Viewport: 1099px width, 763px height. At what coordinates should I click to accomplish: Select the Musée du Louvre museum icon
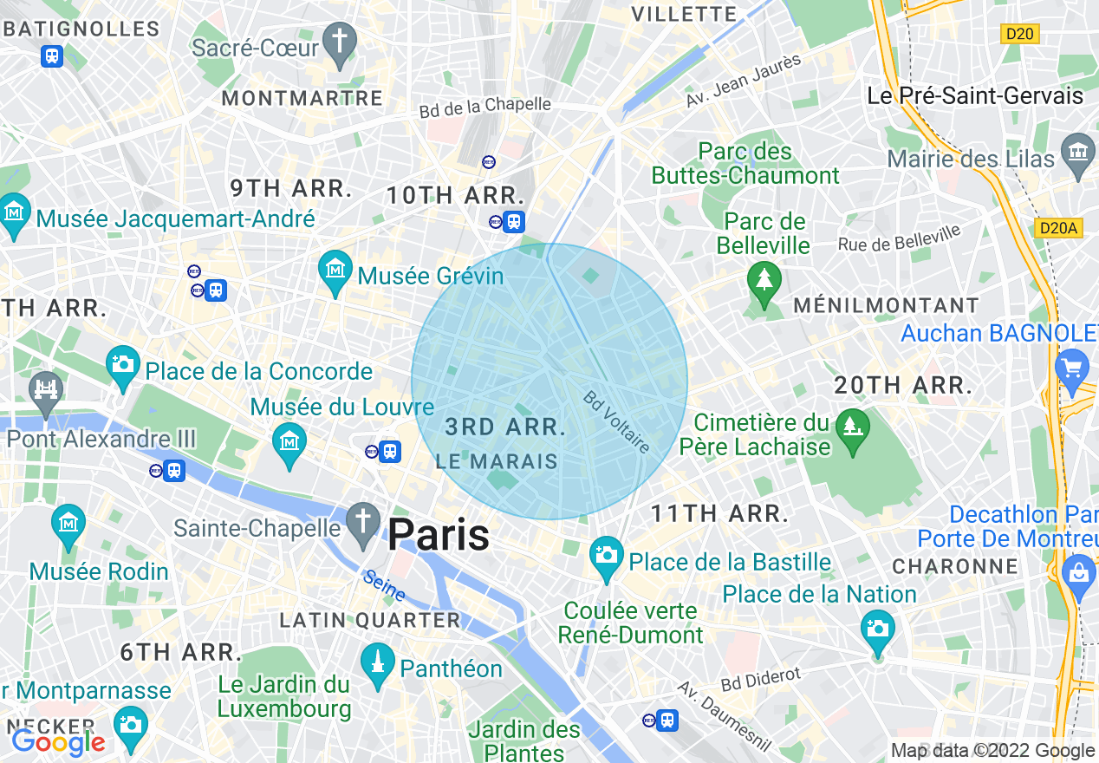pyautogui.click(x=289, y=442)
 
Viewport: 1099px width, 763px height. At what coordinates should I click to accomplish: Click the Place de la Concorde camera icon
pyautogui.click(x=122, y=366)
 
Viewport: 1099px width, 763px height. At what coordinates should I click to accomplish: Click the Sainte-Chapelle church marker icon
pyautogui.click(x=363, y=523)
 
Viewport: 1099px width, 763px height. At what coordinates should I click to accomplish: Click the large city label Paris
pyautogui.click(x=439, y=535)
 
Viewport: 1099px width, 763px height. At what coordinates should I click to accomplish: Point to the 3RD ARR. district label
pyautogui.click(x=505, y=427)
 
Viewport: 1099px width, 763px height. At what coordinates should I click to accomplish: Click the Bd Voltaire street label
pyautogui.click(x=616, y=422)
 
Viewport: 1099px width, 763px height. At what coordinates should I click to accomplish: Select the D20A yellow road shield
pyautogui.click(x=1058, y=228)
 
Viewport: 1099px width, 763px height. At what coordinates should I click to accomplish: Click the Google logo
pyautogui.click(x=58, y=742)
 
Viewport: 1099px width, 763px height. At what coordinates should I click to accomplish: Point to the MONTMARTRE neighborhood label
pyautogui.click(x=302, y=98)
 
